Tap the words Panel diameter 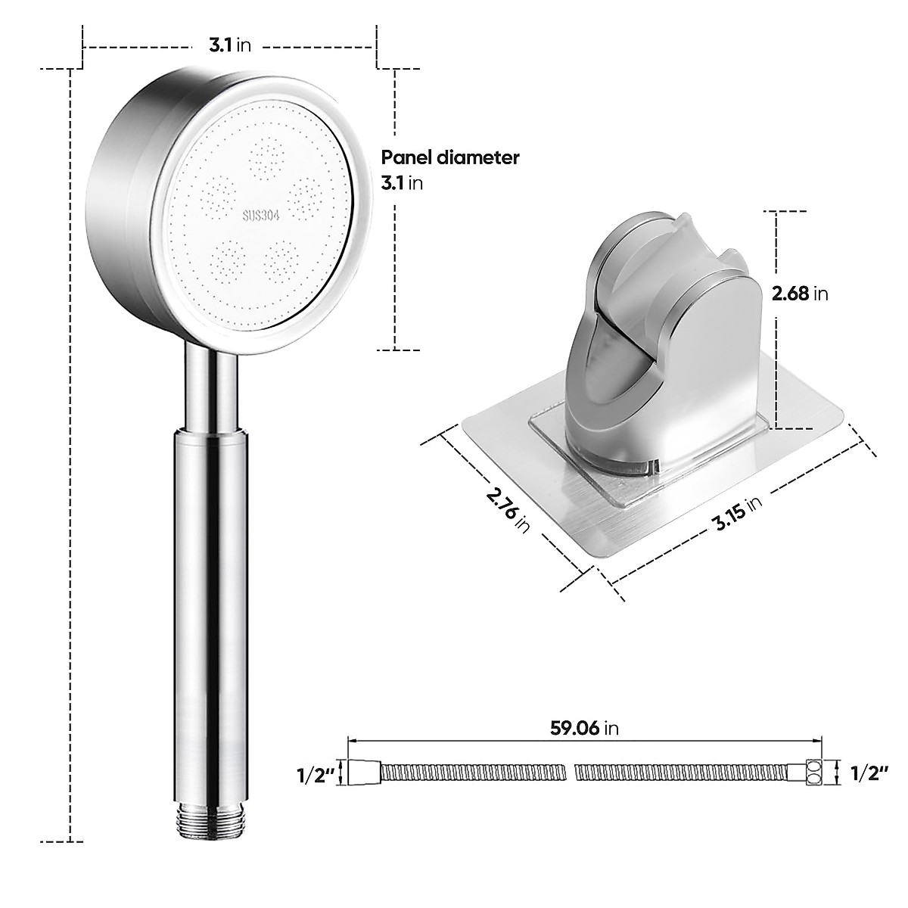coord(449,157)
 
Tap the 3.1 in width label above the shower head coord(230,45)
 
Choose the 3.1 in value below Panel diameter coord(401,183)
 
